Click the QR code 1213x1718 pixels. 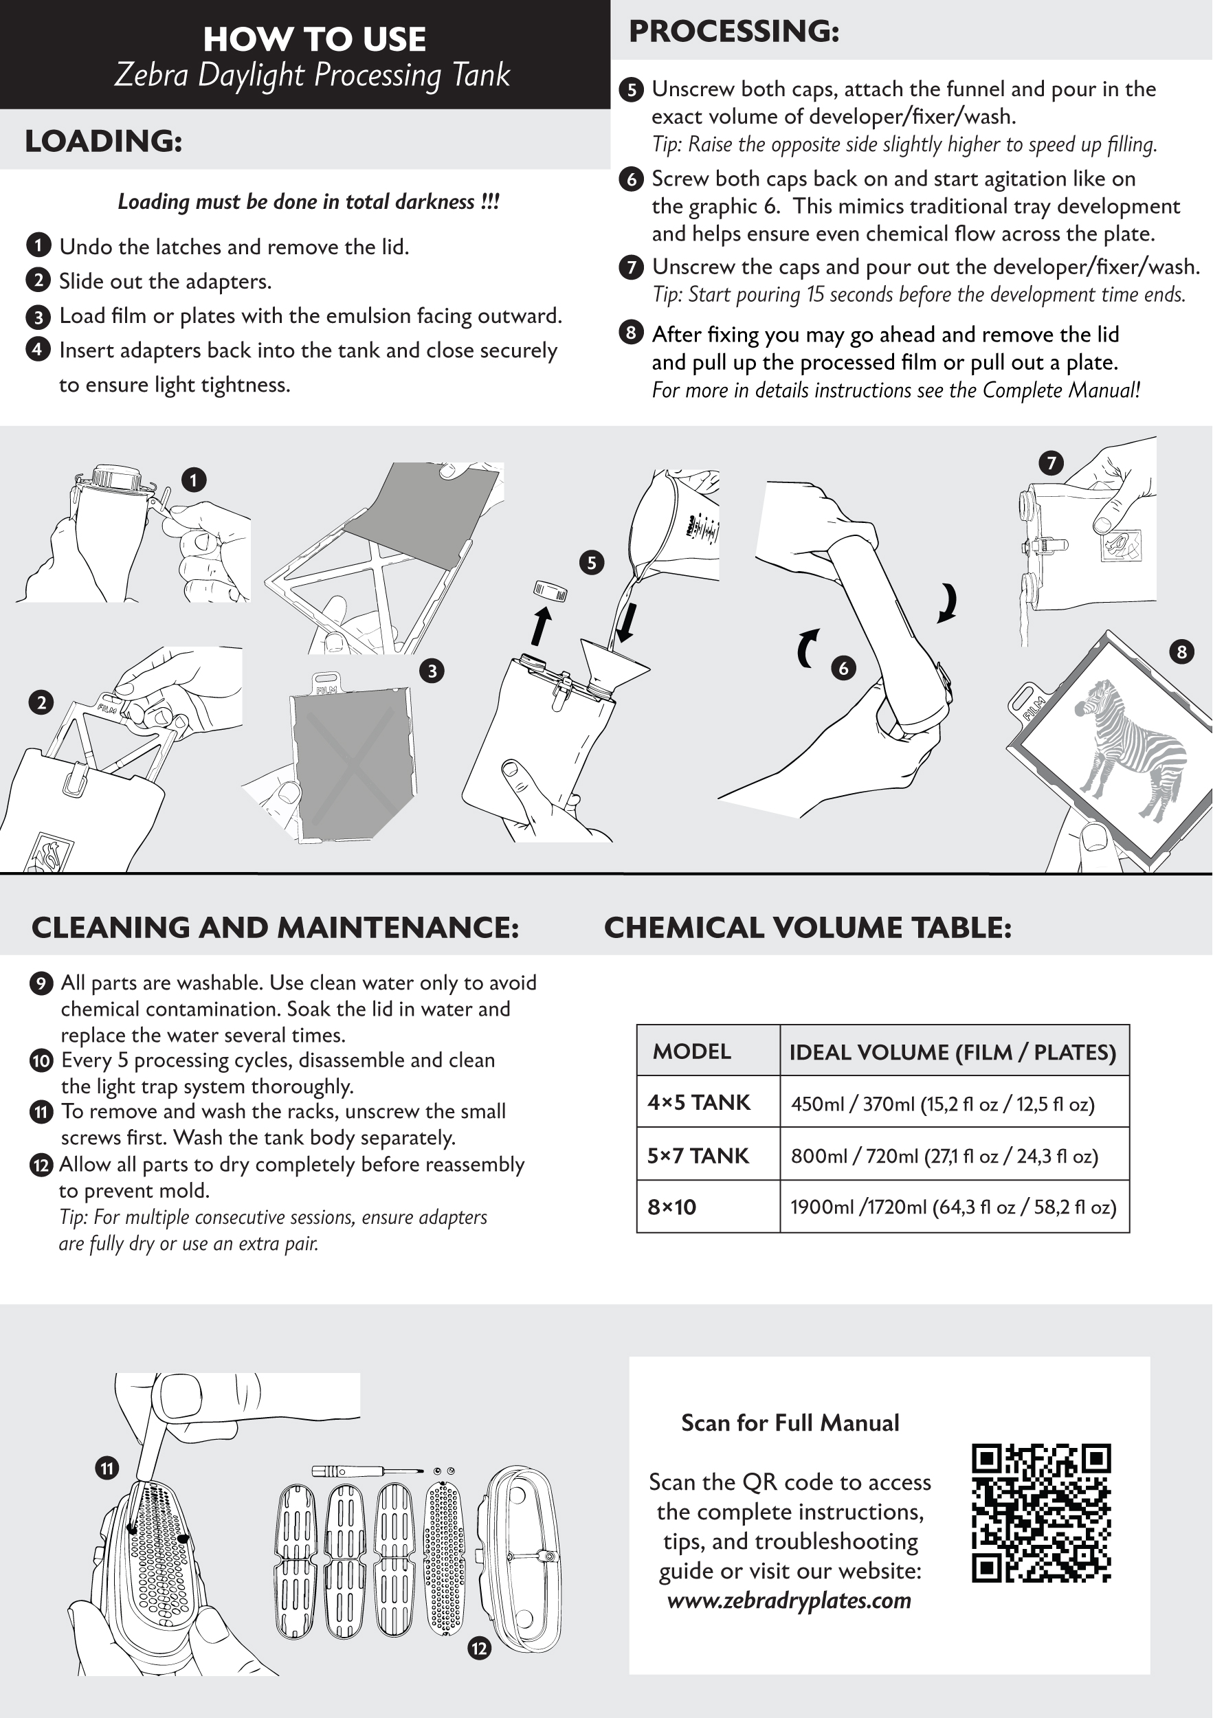coord(1041,1513)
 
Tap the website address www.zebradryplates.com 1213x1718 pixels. coord(790,1600)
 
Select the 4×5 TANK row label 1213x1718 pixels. coord(699,1102)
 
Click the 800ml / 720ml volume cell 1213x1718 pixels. coord(944,1156)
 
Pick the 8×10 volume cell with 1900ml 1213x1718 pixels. coord(953,1207)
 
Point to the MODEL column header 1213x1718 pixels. coord(691,1051)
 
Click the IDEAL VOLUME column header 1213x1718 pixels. coord(953,1052)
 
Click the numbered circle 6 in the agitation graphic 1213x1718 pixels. coord(843,668)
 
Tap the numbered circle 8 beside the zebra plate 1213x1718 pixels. coord(1181,651)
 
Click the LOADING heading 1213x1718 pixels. coord(103,141)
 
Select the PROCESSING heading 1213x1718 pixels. coord(734,32)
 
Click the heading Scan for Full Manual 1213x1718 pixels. coord(790,1423)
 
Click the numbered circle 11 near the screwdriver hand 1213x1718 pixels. coord(107,1468)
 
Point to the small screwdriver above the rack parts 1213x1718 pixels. coord(359,1471)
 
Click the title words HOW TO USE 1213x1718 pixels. coord(314,39)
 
